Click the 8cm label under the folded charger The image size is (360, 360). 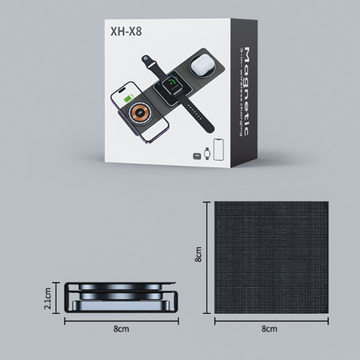(121, 330)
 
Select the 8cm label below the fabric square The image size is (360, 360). (269, 330)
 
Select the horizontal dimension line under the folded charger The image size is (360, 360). (121, 319)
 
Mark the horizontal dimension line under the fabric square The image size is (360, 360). (269, 319)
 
